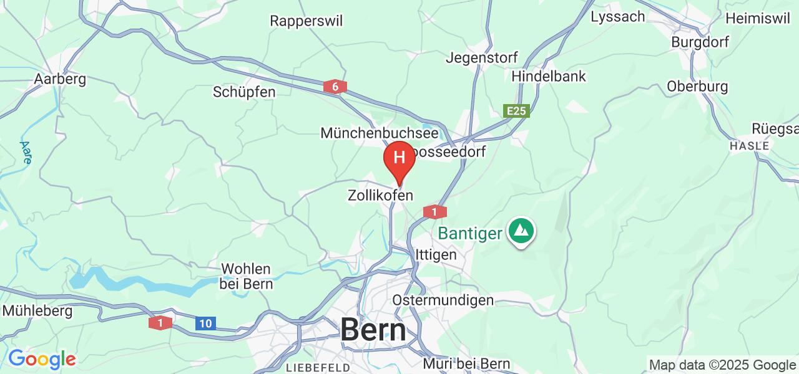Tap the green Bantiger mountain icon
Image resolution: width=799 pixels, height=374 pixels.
coord(521,231)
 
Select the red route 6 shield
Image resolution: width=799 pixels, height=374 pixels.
coord(335,87)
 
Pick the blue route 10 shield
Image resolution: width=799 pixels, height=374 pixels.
coord(205,323)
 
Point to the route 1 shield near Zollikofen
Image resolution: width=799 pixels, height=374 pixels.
coord(434,212)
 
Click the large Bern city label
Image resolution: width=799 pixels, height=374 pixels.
coord(373,330)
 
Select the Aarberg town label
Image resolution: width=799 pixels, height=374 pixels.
coord(60,79)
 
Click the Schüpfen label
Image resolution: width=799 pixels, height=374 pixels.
coord(244,92)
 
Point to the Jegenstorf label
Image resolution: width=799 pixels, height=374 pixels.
coord(481,58)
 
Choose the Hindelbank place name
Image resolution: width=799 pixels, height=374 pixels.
coord(549,76)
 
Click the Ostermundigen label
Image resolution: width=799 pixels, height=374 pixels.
coord(443,300)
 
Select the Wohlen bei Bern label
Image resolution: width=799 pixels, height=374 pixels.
coord(247,276)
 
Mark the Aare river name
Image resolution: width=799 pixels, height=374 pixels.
coord(26,152)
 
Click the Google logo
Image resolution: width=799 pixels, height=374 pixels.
coord(42,359)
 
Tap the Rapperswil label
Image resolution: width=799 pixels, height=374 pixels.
coord(306,21)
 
